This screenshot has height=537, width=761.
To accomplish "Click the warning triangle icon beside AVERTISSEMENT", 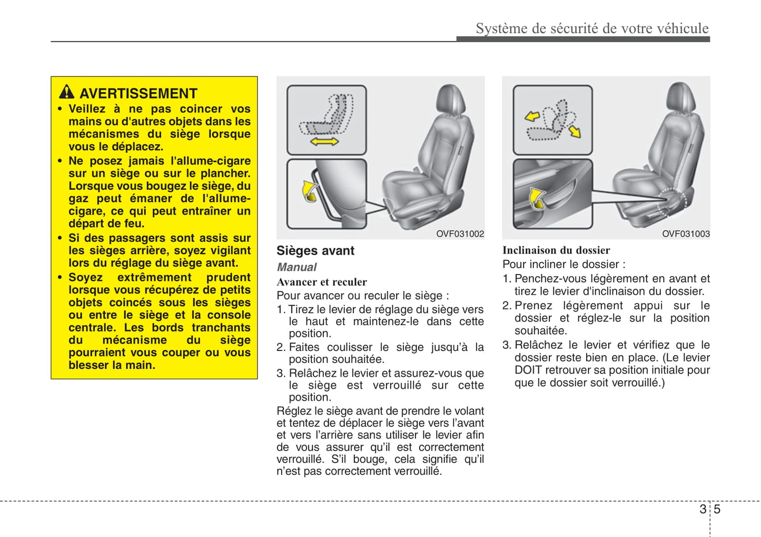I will click(x=66, y=92).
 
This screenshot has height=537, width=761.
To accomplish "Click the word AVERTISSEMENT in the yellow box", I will click(x=138, y=93).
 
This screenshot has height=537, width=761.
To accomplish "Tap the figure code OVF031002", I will click(x=460, y=233).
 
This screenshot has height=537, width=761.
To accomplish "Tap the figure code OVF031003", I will click(x=686, y=233).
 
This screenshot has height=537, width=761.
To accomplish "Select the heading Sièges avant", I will click(x=315, y=251).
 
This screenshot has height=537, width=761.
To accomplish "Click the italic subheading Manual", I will click(x=297, y=267).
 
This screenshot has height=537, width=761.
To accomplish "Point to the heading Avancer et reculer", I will click(x=322, y=282).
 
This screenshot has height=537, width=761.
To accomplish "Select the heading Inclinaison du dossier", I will click(x=556, y=250).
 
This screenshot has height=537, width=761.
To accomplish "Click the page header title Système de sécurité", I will click(x=592, y=28).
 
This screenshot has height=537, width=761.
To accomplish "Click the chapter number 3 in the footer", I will click(x=703, y=509).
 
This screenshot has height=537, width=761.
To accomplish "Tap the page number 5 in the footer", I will click(x=717, y=509).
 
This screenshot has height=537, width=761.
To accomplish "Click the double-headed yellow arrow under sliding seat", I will click(x=324, y=141).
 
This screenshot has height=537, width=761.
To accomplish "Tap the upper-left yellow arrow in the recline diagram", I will click(x=532, y=116).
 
